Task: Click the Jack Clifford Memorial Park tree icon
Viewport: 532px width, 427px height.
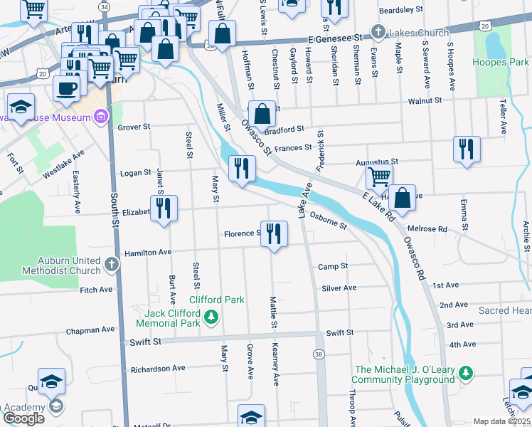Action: (x=211, y=317)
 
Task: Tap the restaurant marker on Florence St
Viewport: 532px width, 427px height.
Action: (x=275, y=233)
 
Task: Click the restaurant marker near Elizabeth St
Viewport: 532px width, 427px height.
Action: (x=164, y=208)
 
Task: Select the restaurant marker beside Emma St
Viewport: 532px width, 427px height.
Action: (x=466, y=149)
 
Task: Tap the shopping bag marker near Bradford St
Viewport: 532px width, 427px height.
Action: (x=262, y=113)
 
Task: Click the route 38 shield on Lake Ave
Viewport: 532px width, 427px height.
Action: (x=318, y=354)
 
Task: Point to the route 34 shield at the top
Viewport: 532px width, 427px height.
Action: (x=105, y=6)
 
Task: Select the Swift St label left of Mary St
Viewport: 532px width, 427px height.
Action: (x=146, y=342)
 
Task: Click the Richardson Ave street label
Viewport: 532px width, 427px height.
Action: (x=157, y=369)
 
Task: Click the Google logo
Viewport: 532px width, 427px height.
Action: (x=23, y=418)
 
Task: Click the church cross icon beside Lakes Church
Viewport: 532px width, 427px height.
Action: (x=378, y=33)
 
